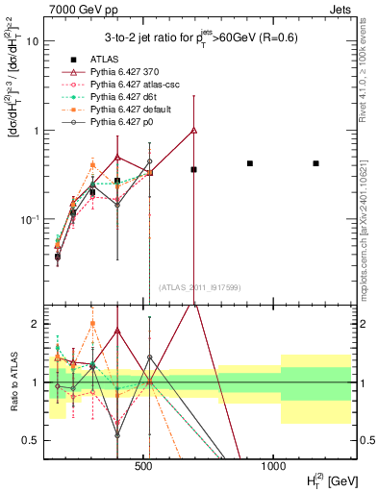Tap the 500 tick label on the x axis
tap(144, 465)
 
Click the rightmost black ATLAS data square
tap(315, 163)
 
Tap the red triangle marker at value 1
tap(194, 130)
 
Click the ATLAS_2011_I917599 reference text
tap(198, 287)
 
